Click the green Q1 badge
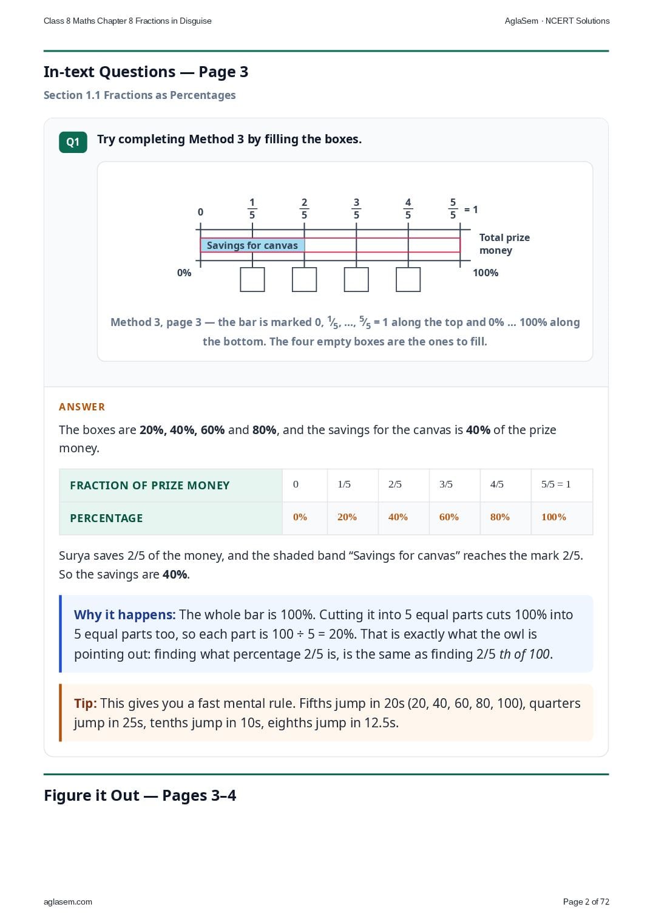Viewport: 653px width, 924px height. [73, 142]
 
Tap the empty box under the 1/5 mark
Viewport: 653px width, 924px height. [252, 280]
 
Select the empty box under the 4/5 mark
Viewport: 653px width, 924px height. [408, 280]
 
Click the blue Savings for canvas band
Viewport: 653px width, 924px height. [252, 245]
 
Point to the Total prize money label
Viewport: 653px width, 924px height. [504, 244]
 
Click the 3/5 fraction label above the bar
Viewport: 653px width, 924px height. [356, 209]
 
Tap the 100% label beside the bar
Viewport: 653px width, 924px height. [486, 273]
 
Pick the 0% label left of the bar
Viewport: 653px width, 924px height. [184, 273]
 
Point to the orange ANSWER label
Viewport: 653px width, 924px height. [81, 407]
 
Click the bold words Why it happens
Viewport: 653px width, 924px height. [124, 614]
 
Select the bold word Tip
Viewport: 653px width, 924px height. [86, 703]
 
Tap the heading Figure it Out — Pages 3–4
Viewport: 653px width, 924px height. [140, 795]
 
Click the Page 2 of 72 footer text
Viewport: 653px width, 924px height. [586, 902]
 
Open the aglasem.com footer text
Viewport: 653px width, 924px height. [68, 902]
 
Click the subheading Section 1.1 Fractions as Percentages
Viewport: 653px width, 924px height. [140, 95]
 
